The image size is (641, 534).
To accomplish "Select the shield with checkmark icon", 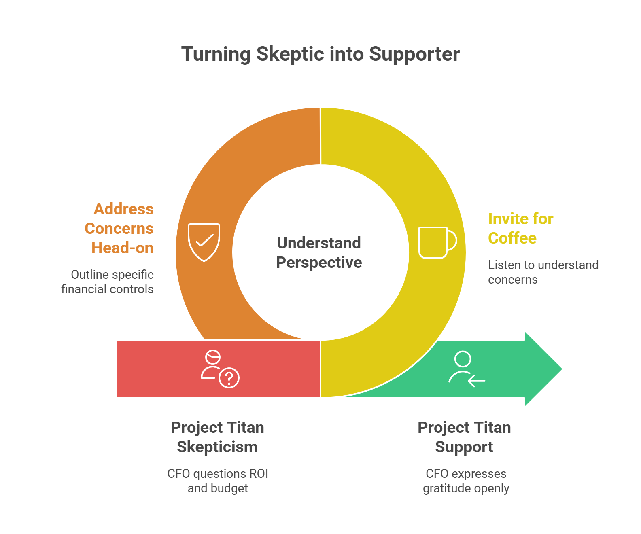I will (204, 242).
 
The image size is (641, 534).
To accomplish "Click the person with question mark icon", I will (220, 369).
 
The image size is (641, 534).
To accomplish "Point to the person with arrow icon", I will (466, 369).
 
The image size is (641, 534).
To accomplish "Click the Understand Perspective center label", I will (319, 253).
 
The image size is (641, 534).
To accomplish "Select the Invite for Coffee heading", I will (520, 229).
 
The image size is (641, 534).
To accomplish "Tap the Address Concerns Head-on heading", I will (120, 229).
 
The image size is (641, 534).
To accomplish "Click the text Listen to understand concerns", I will (543, 272).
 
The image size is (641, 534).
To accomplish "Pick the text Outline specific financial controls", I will (108, 282).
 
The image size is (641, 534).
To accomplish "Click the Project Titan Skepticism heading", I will (217, 437).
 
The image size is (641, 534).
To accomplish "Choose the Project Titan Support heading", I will (464, 437).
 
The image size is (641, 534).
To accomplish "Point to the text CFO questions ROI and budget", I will (218, 481).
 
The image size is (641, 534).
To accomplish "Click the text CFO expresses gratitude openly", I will (466, 481).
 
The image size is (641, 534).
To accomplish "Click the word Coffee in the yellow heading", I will (512, 238).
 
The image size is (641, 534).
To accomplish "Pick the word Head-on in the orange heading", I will (122, 248).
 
